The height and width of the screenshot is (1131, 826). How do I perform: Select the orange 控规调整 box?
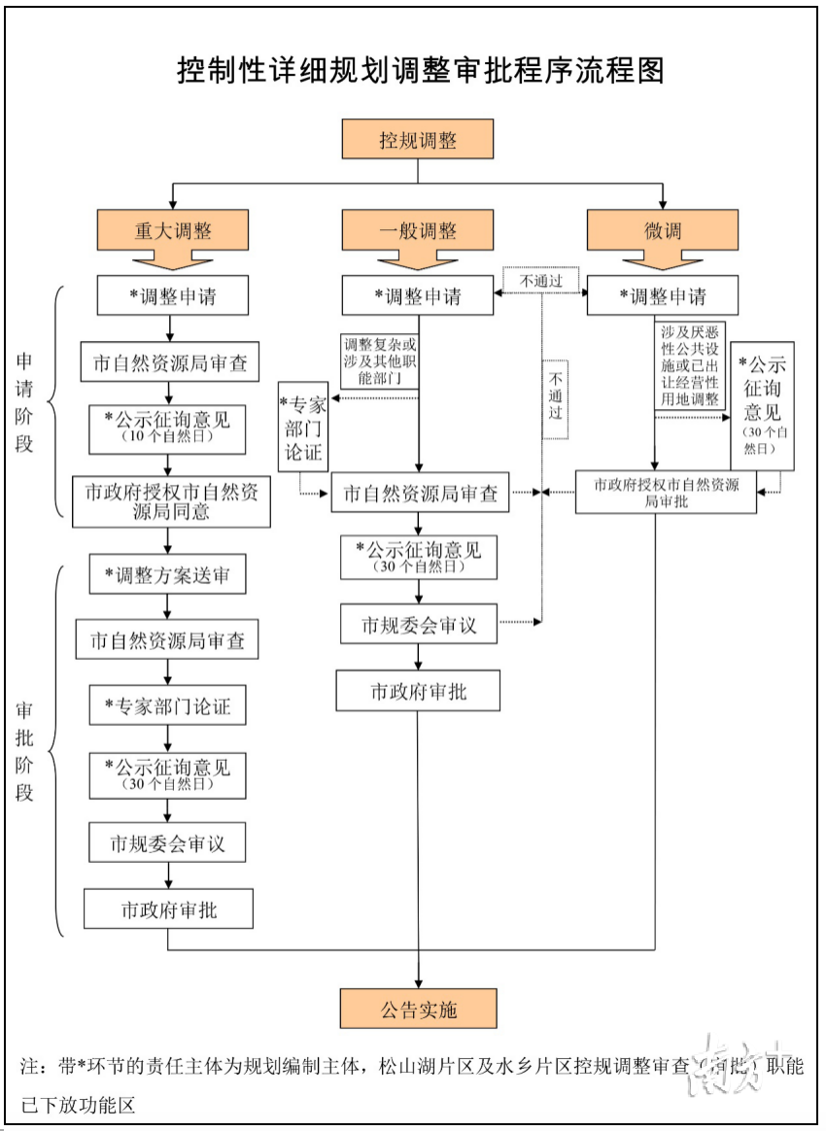pos(418,139)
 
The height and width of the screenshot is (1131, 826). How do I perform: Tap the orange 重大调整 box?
pos(173,231)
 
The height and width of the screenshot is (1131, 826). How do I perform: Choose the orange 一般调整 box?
pos(418,231)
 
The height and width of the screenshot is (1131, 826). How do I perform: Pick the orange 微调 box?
pos(663,231)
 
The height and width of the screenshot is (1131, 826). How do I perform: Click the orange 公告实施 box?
pos(418,1009)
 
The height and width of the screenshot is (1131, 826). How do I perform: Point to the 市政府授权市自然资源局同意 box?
pos(171,501)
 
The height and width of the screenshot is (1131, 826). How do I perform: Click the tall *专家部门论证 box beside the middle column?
pos(302,427)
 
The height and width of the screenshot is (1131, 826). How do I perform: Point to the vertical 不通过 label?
pos(555,398)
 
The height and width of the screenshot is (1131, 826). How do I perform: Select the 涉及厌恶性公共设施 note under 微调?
pos(691,366)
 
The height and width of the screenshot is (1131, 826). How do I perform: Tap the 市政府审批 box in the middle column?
pos(418,691)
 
